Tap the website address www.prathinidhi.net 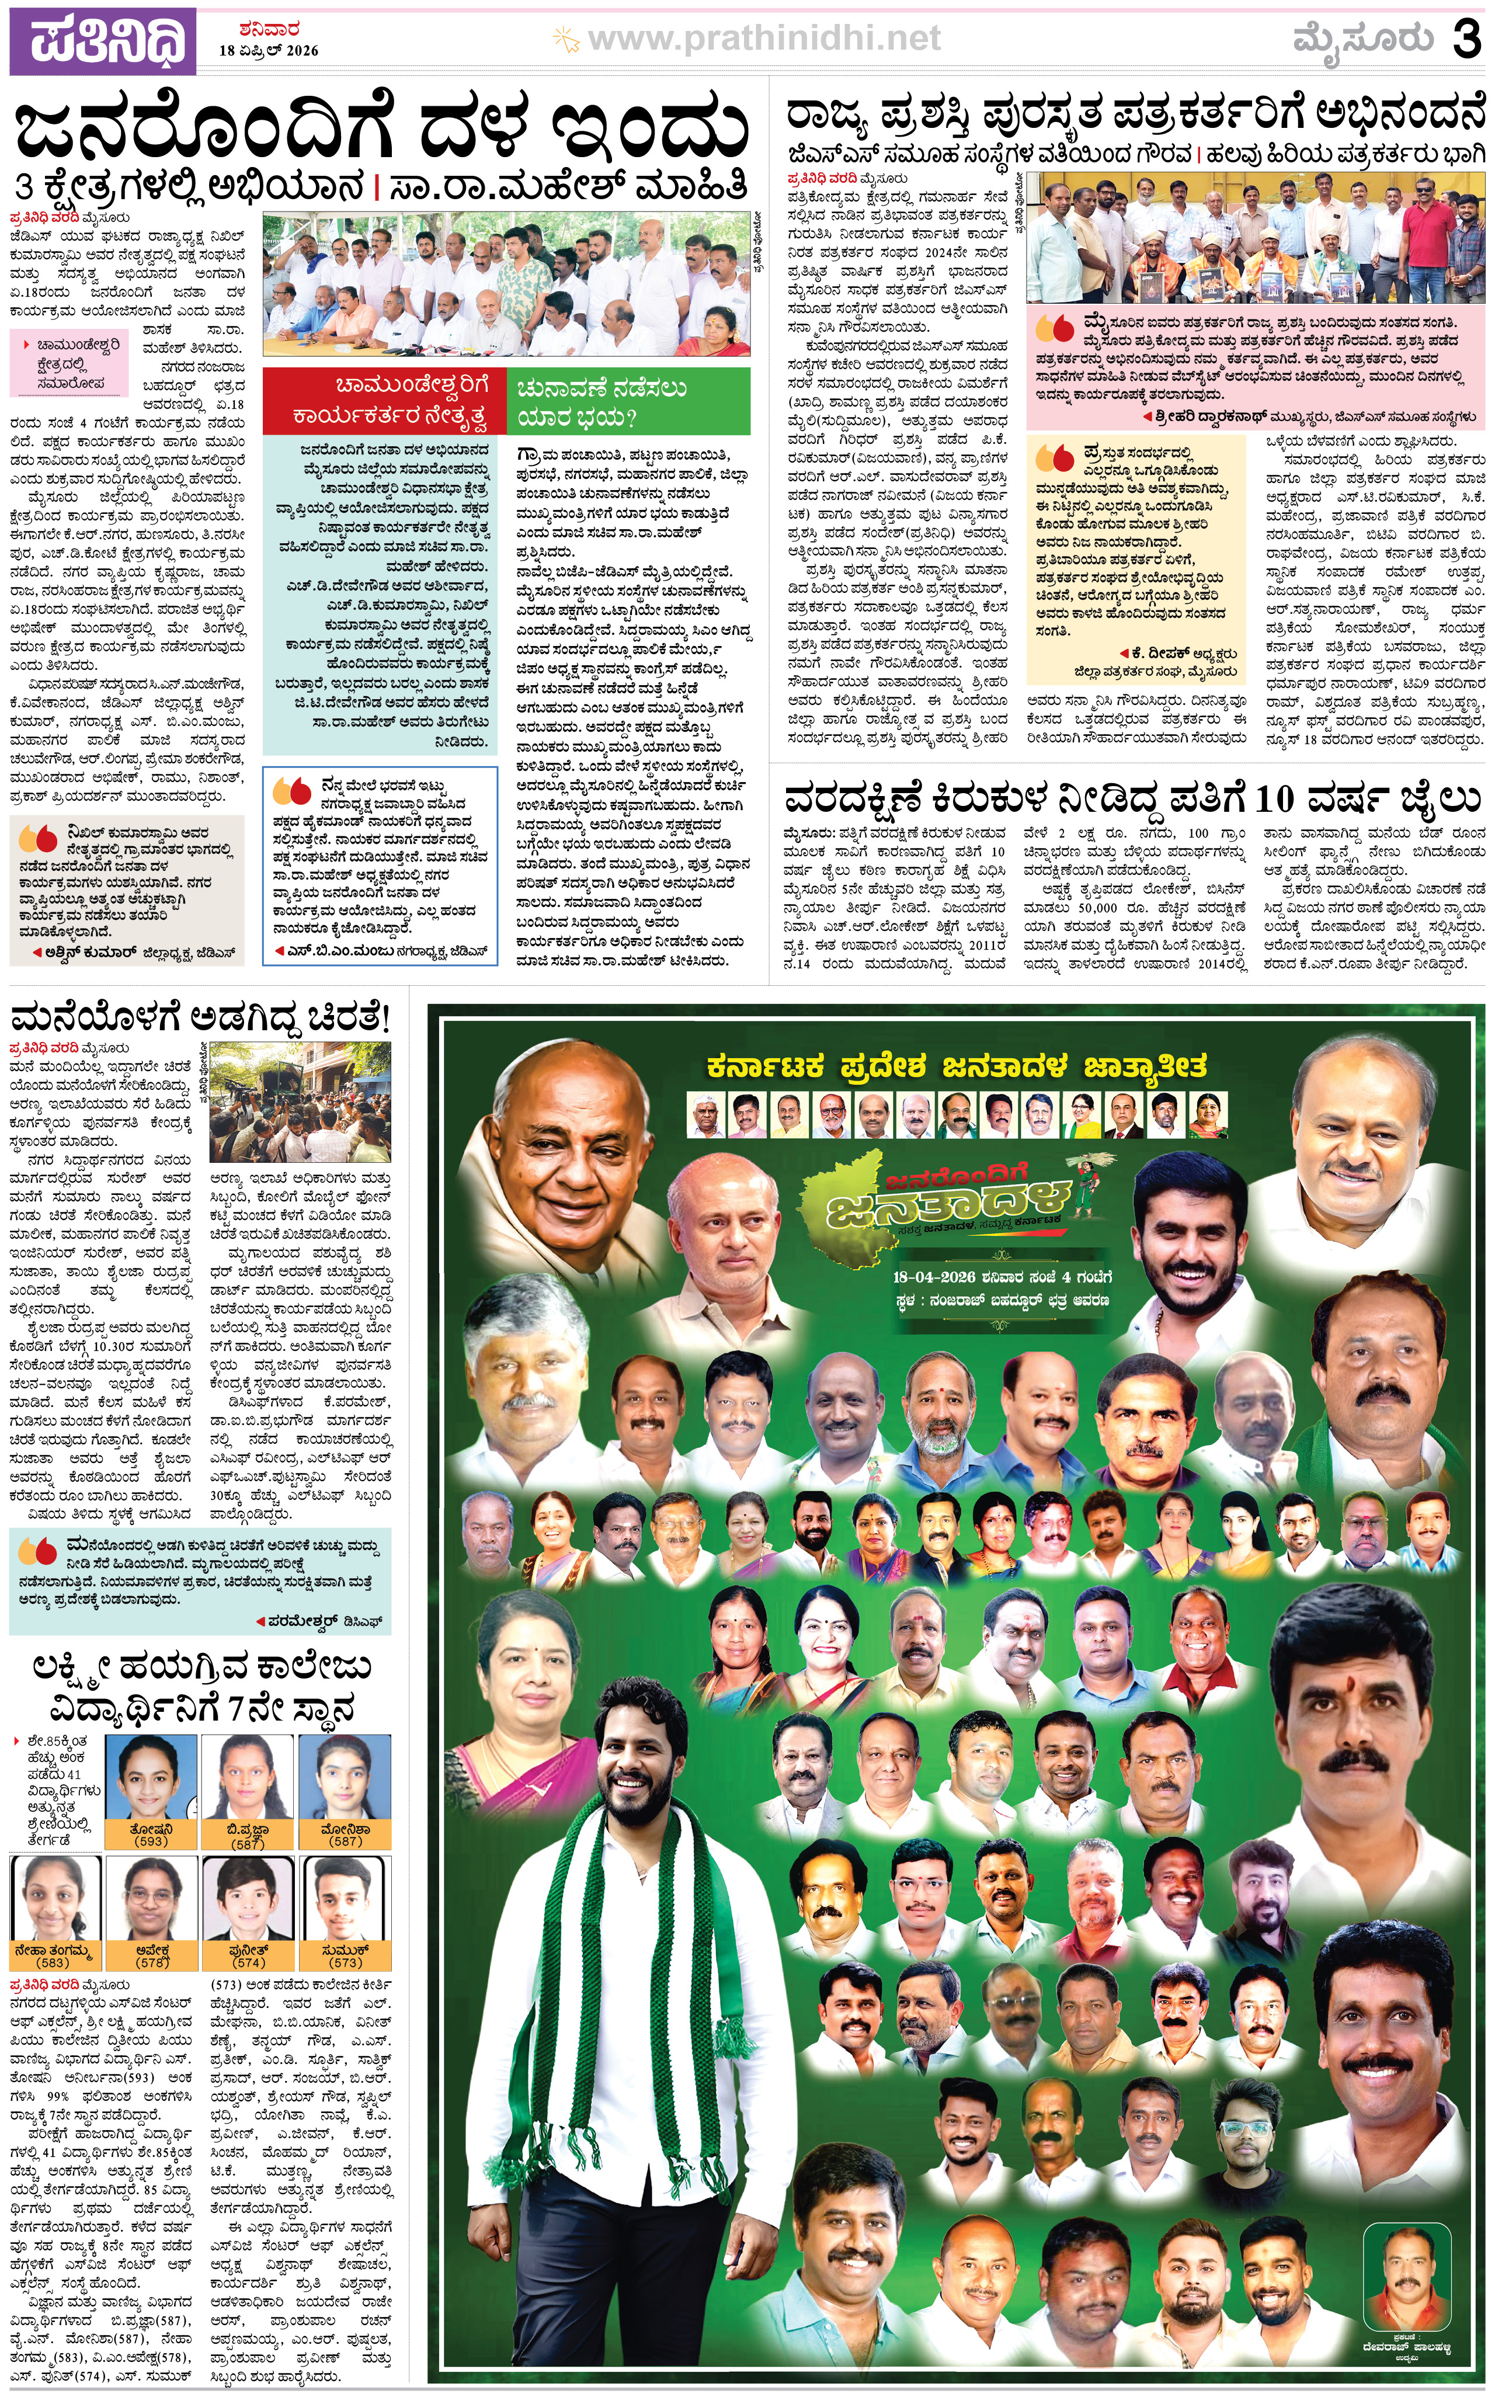763,39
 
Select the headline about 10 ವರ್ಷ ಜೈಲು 1132,797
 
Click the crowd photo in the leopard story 301,1102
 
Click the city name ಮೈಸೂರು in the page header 1362,40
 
